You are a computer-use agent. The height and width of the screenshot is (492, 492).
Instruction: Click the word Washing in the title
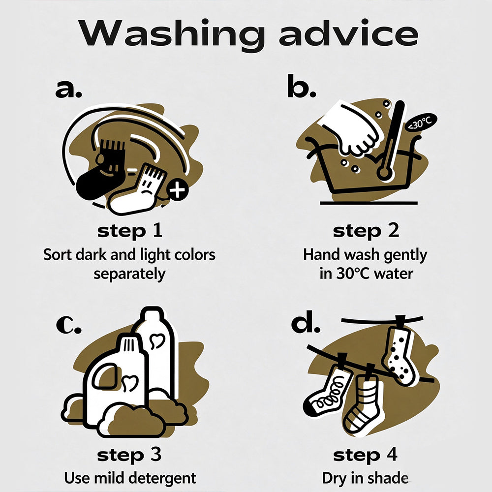(171, 34)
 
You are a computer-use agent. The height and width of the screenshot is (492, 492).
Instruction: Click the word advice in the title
(348, 32)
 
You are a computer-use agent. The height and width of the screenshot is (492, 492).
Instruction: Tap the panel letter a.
(68, 89)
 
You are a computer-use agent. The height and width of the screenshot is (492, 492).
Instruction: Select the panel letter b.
(301, 86)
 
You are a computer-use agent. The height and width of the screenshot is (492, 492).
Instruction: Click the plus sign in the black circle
(177, 189)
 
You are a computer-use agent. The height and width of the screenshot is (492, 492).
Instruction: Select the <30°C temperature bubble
(421, 123)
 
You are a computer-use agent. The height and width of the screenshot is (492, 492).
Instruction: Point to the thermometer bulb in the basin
(384, 173)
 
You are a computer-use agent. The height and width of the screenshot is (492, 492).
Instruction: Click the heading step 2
(366, 231)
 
